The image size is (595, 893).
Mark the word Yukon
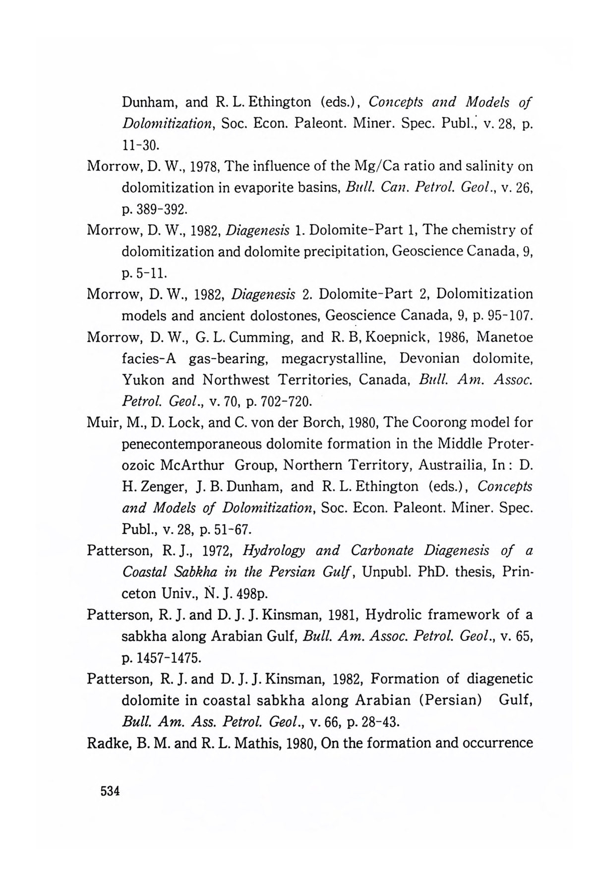click(x=142, y=380)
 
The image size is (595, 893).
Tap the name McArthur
click(x=193, y=465)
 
